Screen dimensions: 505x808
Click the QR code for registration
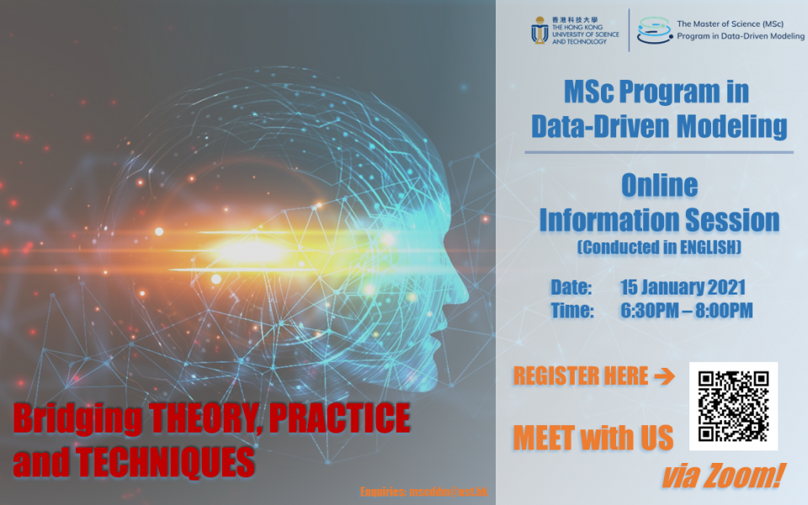(x=733, y=407)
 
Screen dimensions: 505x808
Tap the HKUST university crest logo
(x=540, y=30)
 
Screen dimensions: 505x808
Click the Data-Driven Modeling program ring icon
(x=654, y=30)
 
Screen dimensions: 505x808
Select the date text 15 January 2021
(x=683, y=286)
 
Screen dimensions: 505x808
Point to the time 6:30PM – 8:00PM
(x=687, y=311)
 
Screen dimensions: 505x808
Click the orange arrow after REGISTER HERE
(x=664, y=376)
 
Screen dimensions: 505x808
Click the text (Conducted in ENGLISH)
(x=659, y=247)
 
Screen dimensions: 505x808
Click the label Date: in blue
(x=572, y=286)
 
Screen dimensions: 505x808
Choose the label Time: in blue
(x=572, y=311)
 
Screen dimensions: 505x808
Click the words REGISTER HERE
(x=581, y=376)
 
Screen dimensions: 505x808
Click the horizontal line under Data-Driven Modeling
(x=659, y=152)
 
